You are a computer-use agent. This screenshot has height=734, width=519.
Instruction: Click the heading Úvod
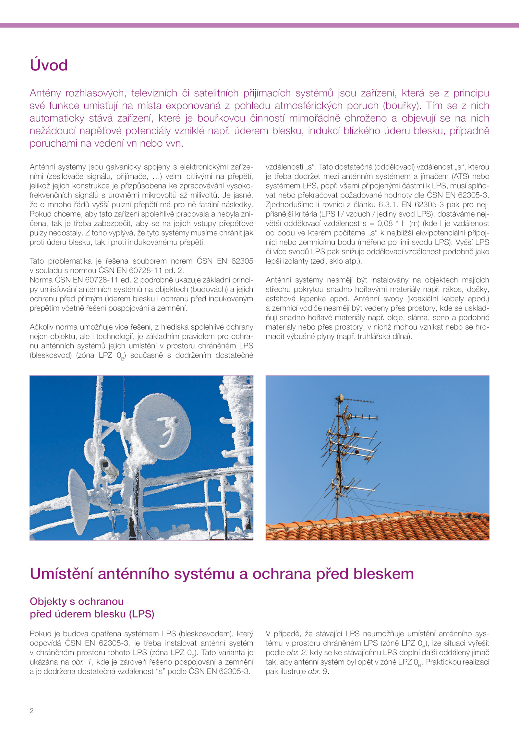[49, 65]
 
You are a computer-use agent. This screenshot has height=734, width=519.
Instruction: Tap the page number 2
[31, 711]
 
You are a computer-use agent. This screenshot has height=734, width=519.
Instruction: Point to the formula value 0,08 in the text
[385, 223]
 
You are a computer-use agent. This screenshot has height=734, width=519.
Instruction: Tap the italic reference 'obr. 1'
[82, 662]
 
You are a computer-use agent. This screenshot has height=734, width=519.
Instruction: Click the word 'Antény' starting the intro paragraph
[45, 93]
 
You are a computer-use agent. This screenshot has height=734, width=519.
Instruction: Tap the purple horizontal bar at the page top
[259, 25]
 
